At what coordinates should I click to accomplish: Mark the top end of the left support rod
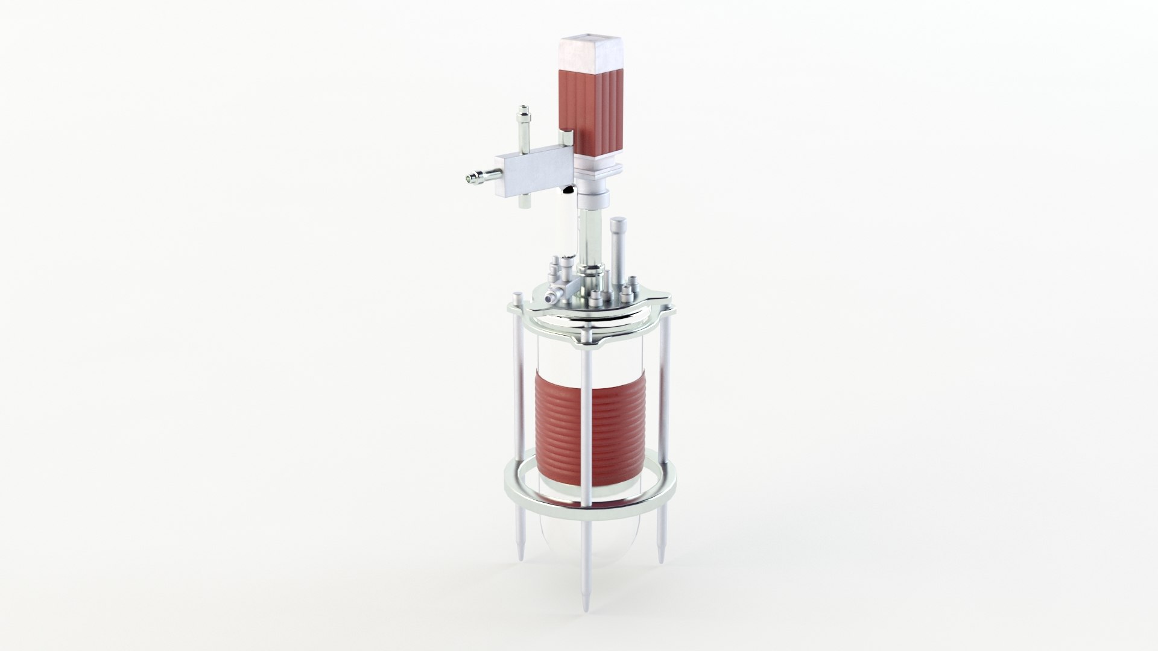517,297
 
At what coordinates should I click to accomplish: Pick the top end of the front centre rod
586,331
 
